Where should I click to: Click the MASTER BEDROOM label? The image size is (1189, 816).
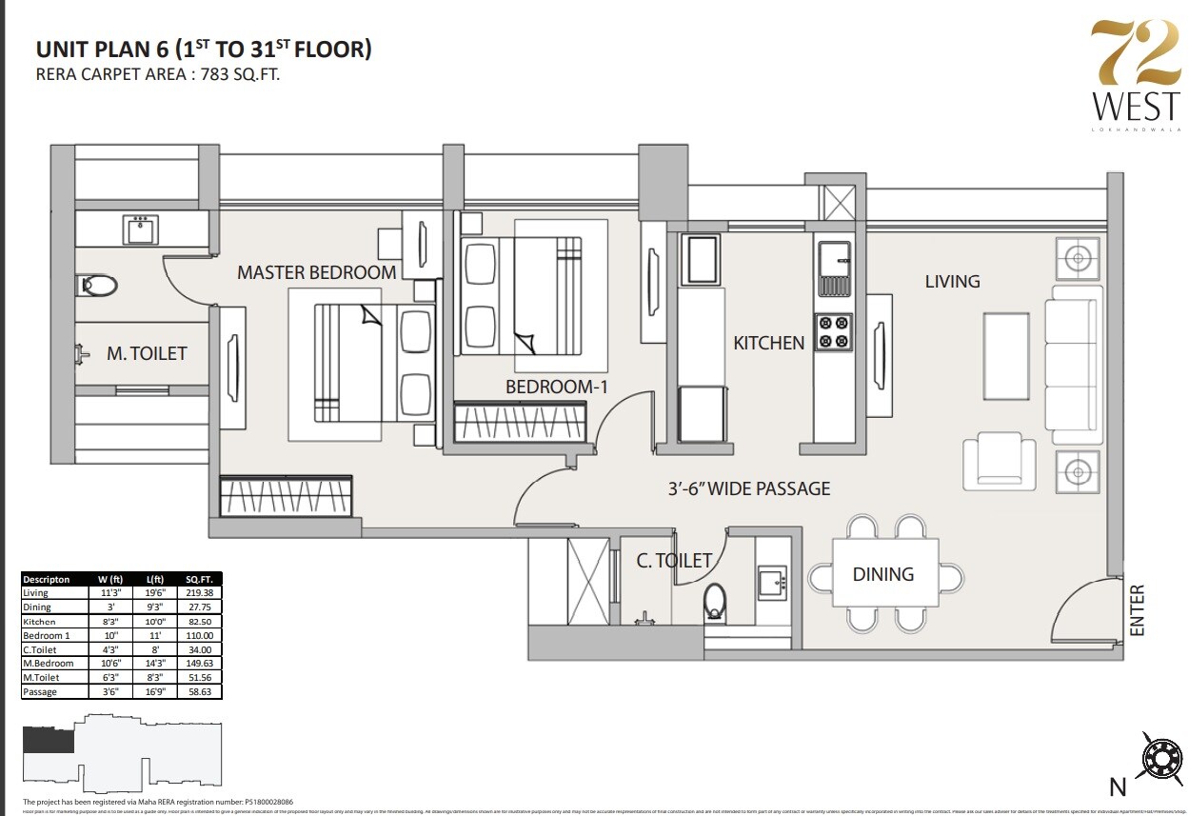[x=316, y=272]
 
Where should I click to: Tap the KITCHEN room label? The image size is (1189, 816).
[x=768, y=343]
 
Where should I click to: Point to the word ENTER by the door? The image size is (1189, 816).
[x=1137, y=610]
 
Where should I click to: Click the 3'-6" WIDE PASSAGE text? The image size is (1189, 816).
[x=748, y=488]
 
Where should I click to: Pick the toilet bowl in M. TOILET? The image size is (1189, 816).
[x=98, y=284]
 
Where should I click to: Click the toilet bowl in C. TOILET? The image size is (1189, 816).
[x=716, y=602]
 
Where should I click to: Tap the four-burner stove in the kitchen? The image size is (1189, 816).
[x=834, y=331]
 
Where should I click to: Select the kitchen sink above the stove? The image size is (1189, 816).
[x=834, y=259]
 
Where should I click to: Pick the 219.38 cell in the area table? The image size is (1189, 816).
[x=199, y=592]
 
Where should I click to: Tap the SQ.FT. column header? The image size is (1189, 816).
[x=199, y=579]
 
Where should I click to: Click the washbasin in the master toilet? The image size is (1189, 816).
[x=141, y=229]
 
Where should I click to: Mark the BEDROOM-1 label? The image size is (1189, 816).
[x=555, y=387]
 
